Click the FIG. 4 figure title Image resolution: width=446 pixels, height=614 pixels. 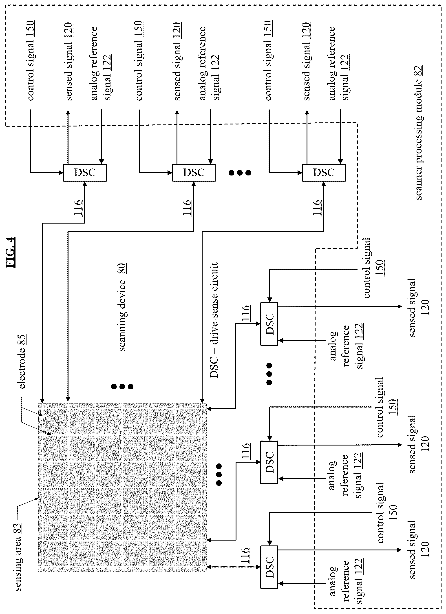11,252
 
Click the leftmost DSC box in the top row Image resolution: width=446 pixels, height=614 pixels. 85,173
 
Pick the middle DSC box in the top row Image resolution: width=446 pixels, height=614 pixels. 194,173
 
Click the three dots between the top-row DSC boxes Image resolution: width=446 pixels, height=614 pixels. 240,173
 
